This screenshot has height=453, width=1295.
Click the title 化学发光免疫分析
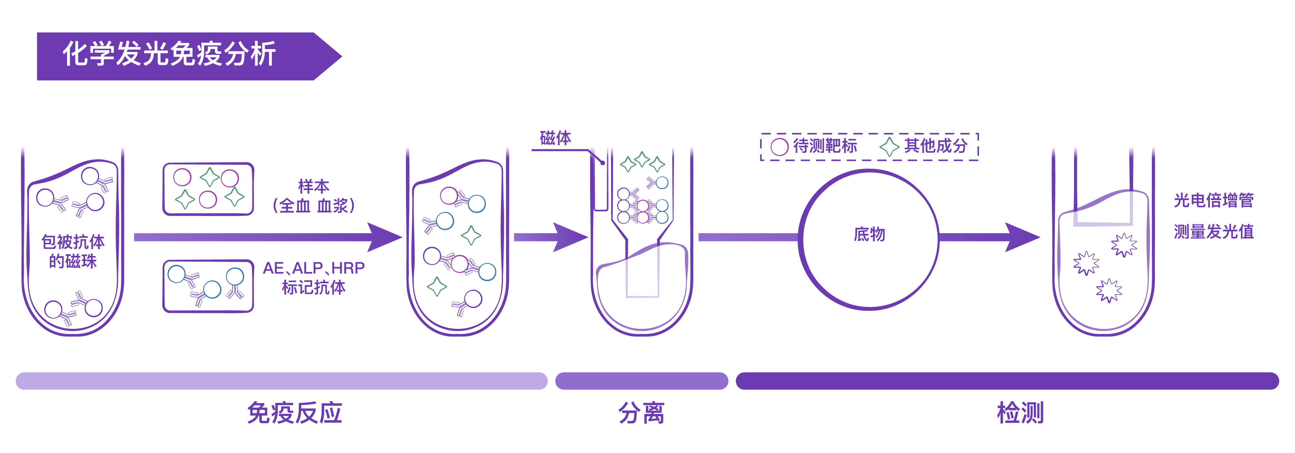(169, 54)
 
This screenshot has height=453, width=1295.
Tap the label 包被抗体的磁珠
(73, 251)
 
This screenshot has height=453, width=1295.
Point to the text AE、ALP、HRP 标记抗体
(314, 277)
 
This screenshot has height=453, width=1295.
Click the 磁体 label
(555, 138)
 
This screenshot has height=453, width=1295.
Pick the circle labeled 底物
(869, 239)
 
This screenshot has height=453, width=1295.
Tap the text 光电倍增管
(1213, 200)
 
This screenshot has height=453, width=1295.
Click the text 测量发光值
(1213, 232)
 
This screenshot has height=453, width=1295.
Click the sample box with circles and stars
(208, 189)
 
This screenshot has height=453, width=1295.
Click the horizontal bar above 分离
(641, 381)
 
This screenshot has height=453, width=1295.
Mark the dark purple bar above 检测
(1007, 381)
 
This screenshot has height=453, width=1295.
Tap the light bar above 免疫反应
(282, 381)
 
